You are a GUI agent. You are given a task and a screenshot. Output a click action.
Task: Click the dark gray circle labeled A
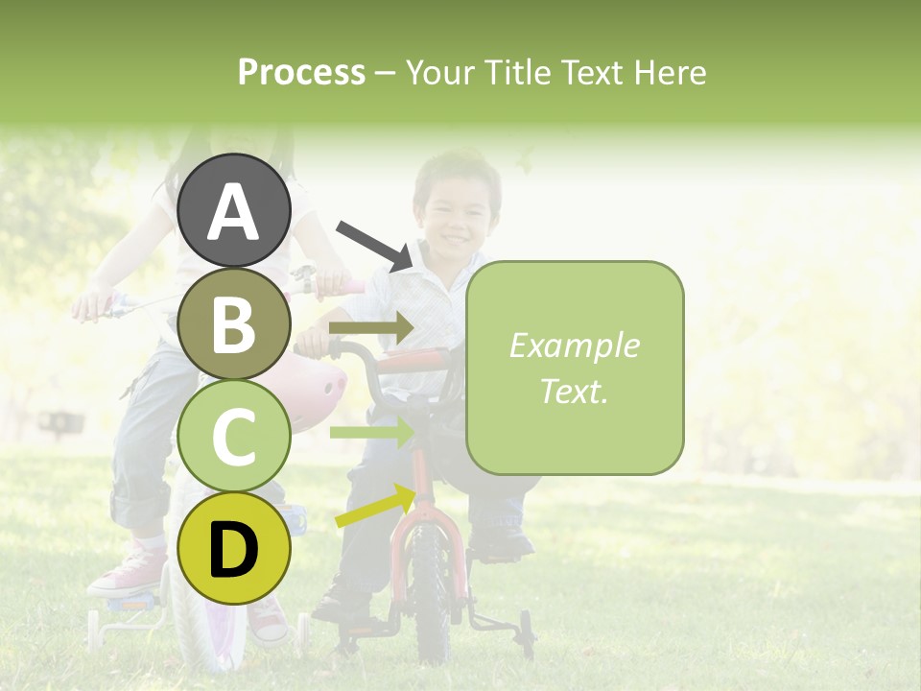(234, 210)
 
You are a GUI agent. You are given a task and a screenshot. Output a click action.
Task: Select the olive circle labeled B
(234, 323)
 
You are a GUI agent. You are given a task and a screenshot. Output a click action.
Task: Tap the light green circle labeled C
(234, 436)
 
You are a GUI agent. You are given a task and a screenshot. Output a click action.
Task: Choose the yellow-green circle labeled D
(234, 548)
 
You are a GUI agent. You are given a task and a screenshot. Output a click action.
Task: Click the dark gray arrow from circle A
(373, 244)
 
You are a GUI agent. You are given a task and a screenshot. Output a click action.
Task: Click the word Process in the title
(301, 72)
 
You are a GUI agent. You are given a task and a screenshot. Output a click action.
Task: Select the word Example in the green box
(574, 345)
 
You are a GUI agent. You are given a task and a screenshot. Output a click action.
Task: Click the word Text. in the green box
(574, 391)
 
